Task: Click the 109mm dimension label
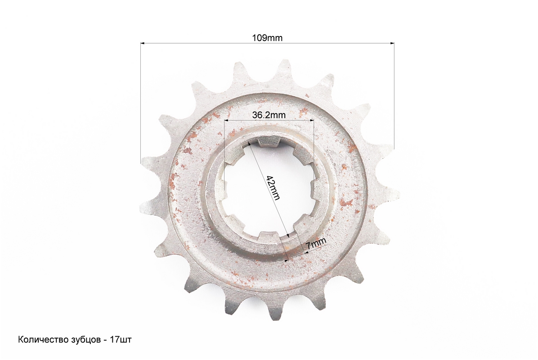click(x=267, y=38)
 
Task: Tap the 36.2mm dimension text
click(x=269, y=115)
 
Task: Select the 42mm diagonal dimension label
click(x=273, y=188)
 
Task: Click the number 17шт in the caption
click(x=121, y=340)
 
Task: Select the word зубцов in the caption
click(x=85, y=340)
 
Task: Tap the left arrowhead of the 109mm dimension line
click(x=143, y=44)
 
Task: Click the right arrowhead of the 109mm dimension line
click(x=392, y=43)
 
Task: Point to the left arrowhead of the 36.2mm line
click(x=226, y=120)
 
